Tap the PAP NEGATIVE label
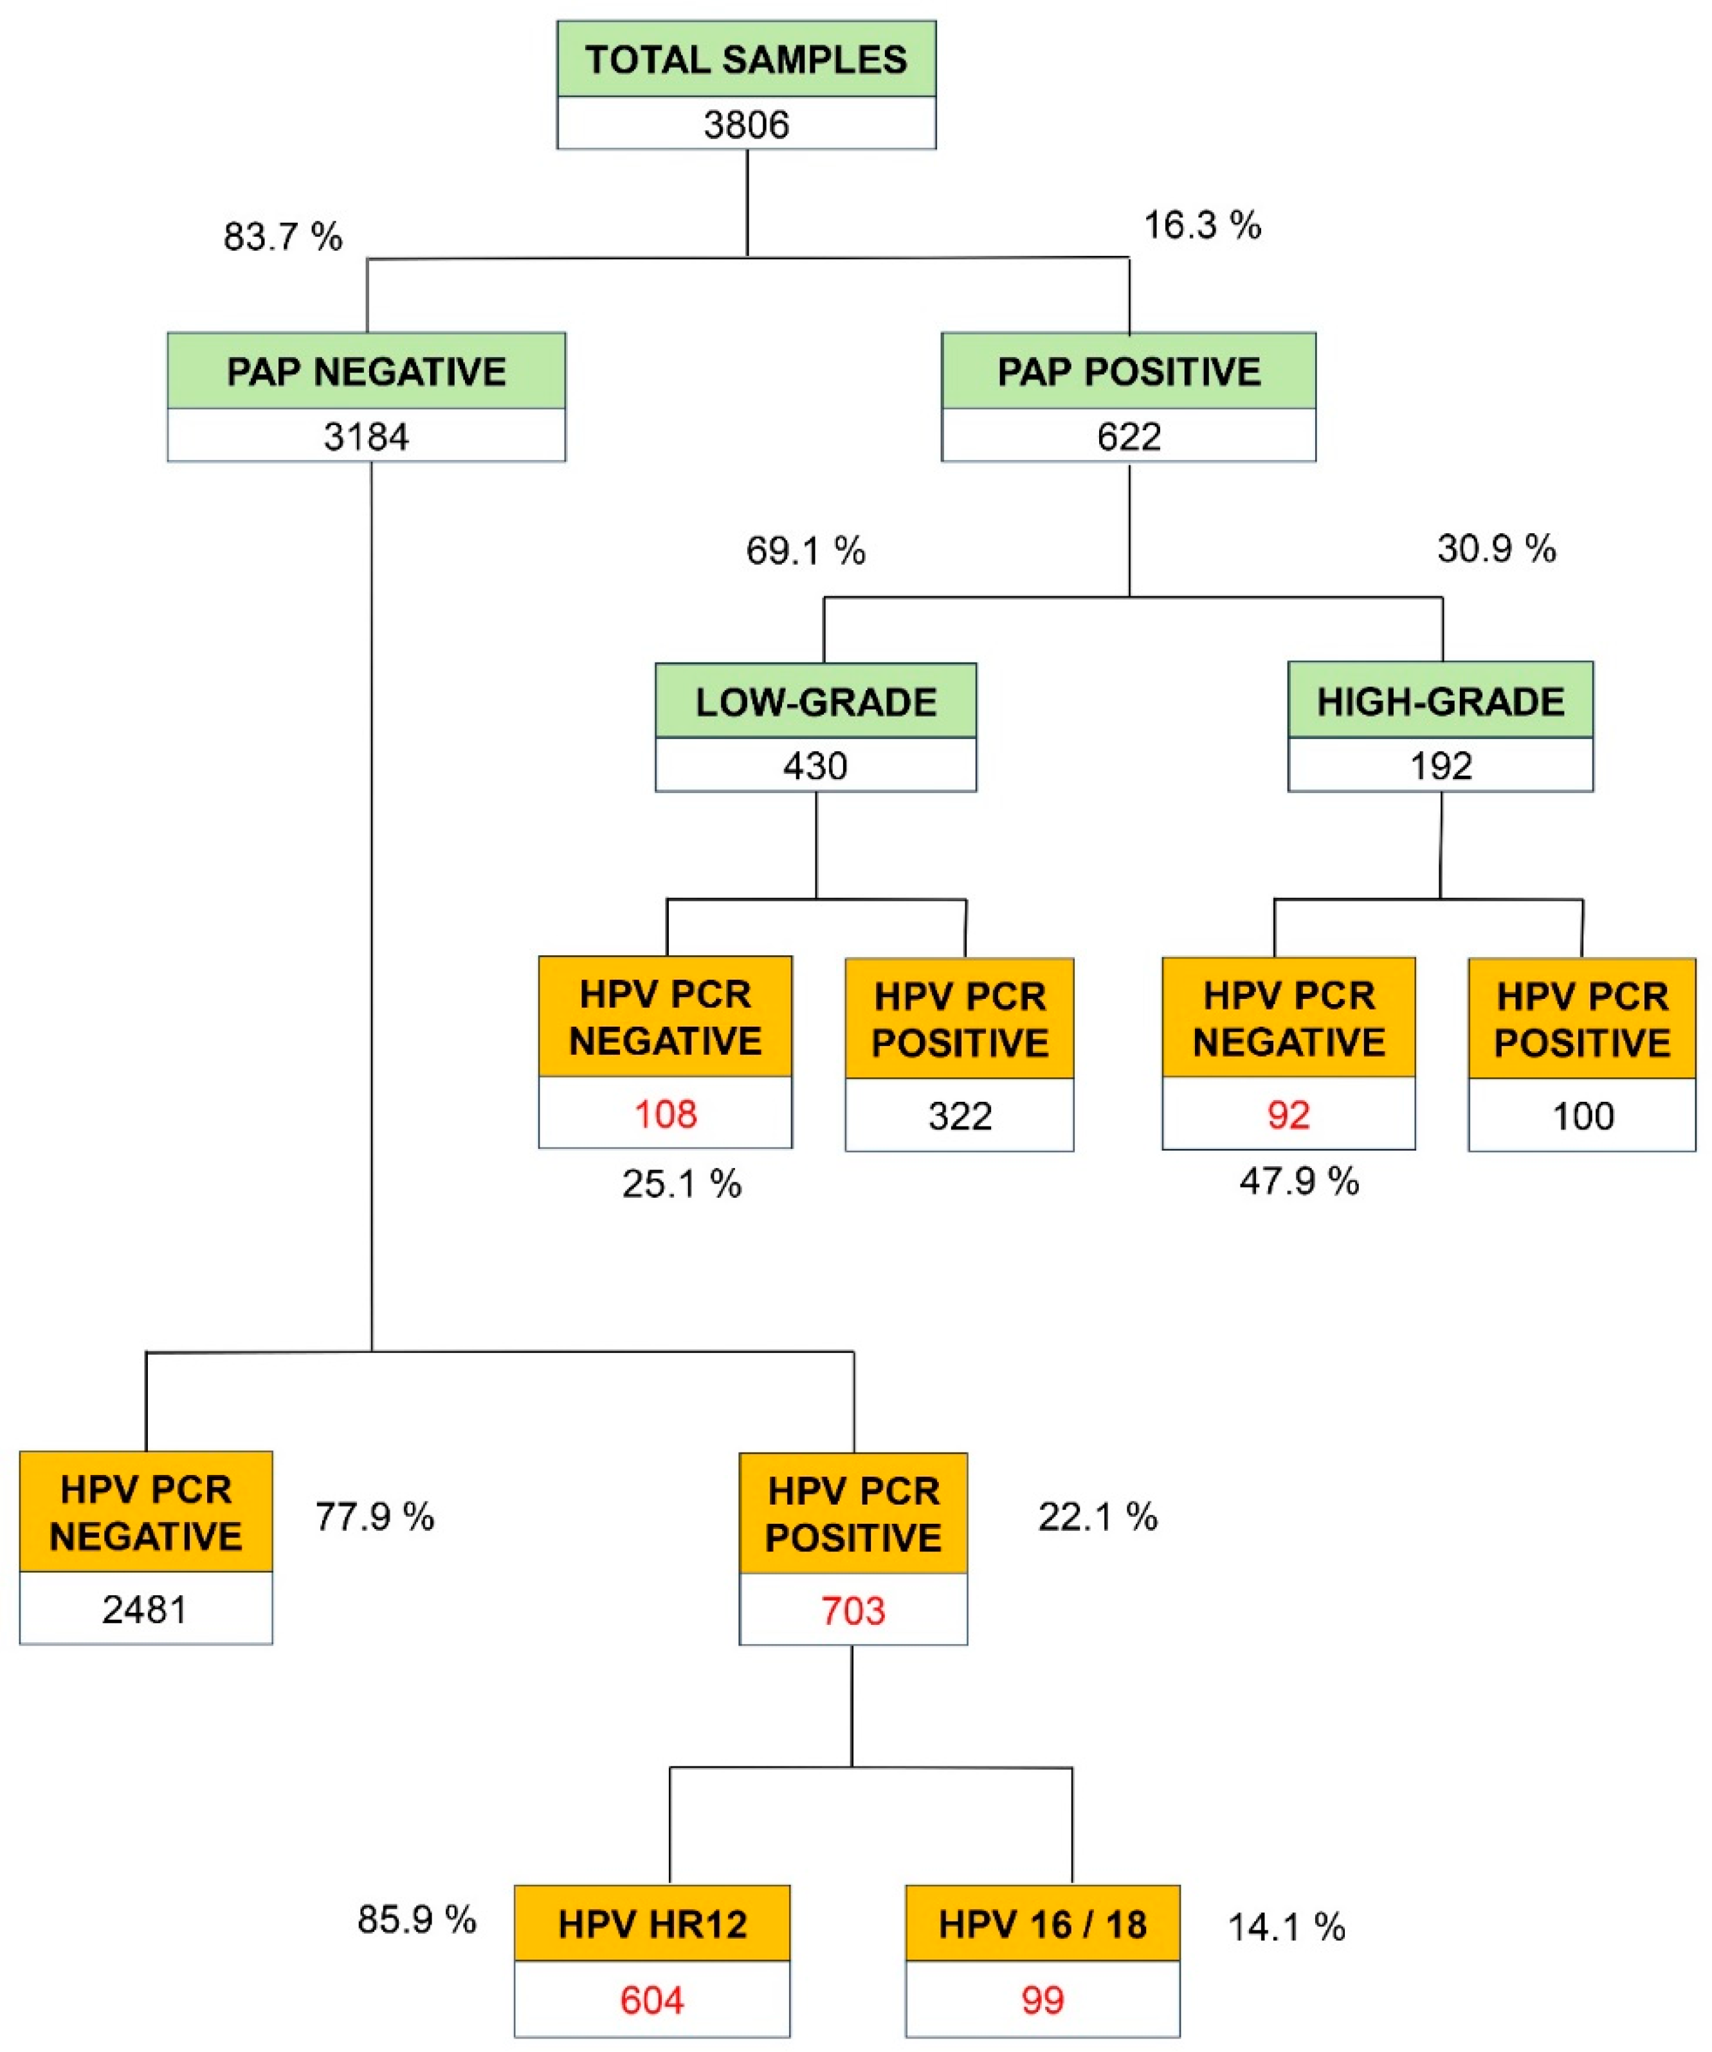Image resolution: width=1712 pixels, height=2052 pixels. pyautogui.click(x=367, y=371)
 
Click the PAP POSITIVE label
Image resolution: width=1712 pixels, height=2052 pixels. pyautogui.click(x=1129, y=371)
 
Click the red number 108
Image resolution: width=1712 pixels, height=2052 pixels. pyautogui.click(x=666, y=1114)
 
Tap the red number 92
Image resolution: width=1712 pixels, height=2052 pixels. pyautogui.click(x=1288, y=1115)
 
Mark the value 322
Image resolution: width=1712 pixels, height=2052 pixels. pyautogui.click(x=960, y=1116)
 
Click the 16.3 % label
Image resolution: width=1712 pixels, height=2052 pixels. pyautogui.click(x=1203, y=224)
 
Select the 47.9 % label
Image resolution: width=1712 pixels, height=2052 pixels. pyautogui.click(x=1298, y=1182)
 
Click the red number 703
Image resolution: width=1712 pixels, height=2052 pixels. pyautogui.click(x=853, y=1610)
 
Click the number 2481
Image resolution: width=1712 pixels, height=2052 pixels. pyautogui.click(x=145, y=1608)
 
